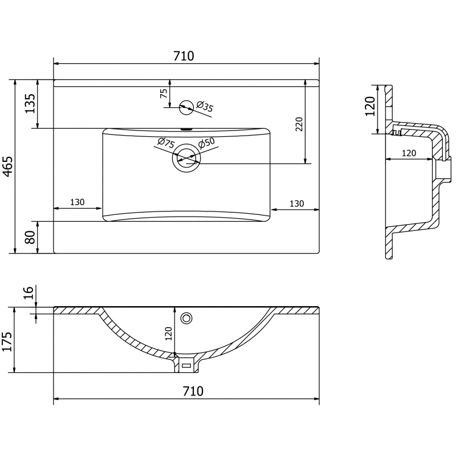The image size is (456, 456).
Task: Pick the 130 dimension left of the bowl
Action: point(78,202)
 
